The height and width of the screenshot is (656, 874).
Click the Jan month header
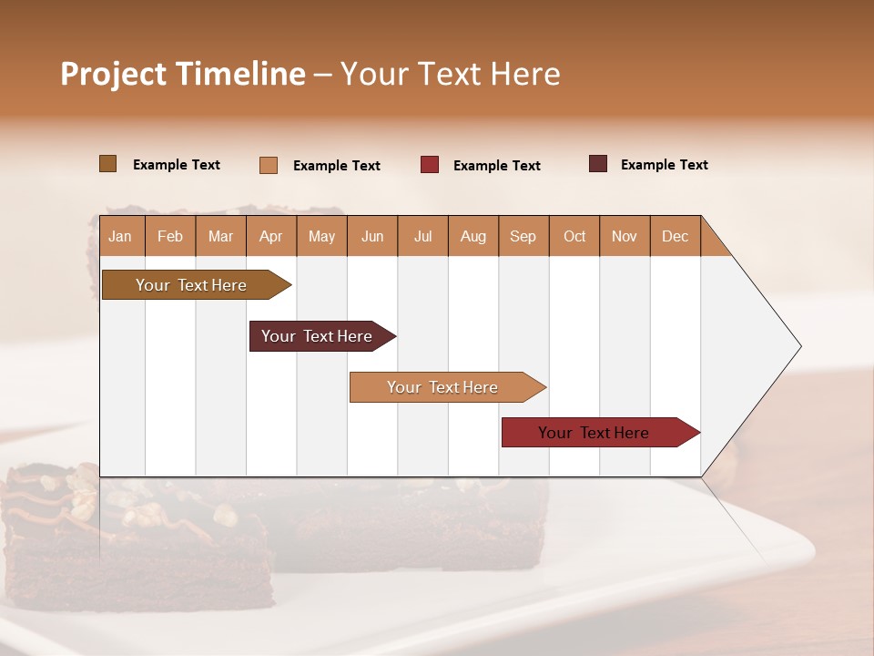[x=121, y=236]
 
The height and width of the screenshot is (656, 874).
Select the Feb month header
[x=170, y=236]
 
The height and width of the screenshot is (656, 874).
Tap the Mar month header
[x=220, y=236]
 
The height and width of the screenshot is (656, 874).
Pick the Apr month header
[x=271, y=236]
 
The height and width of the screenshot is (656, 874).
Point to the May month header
[x=321, y=236]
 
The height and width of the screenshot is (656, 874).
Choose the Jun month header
[x=372, y=236]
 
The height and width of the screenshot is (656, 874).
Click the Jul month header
[x=422, y=236]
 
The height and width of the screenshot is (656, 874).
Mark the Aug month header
[x=473, y=236]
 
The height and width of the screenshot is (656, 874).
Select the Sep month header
[x=523, y=236]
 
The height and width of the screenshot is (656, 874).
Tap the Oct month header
[x=574, y=236]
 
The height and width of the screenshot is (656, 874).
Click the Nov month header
[x=625, y=236]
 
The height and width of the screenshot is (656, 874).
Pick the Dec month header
[x=676, y=236]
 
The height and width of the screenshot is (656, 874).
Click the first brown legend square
[x=107, y=164]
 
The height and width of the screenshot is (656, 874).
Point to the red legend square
[x=430, y=165]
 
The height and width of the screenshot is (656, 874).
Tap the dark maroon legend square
[x=597, y=164]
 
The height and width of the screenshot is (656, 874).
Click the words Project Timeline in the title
[x=183, y=74]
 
